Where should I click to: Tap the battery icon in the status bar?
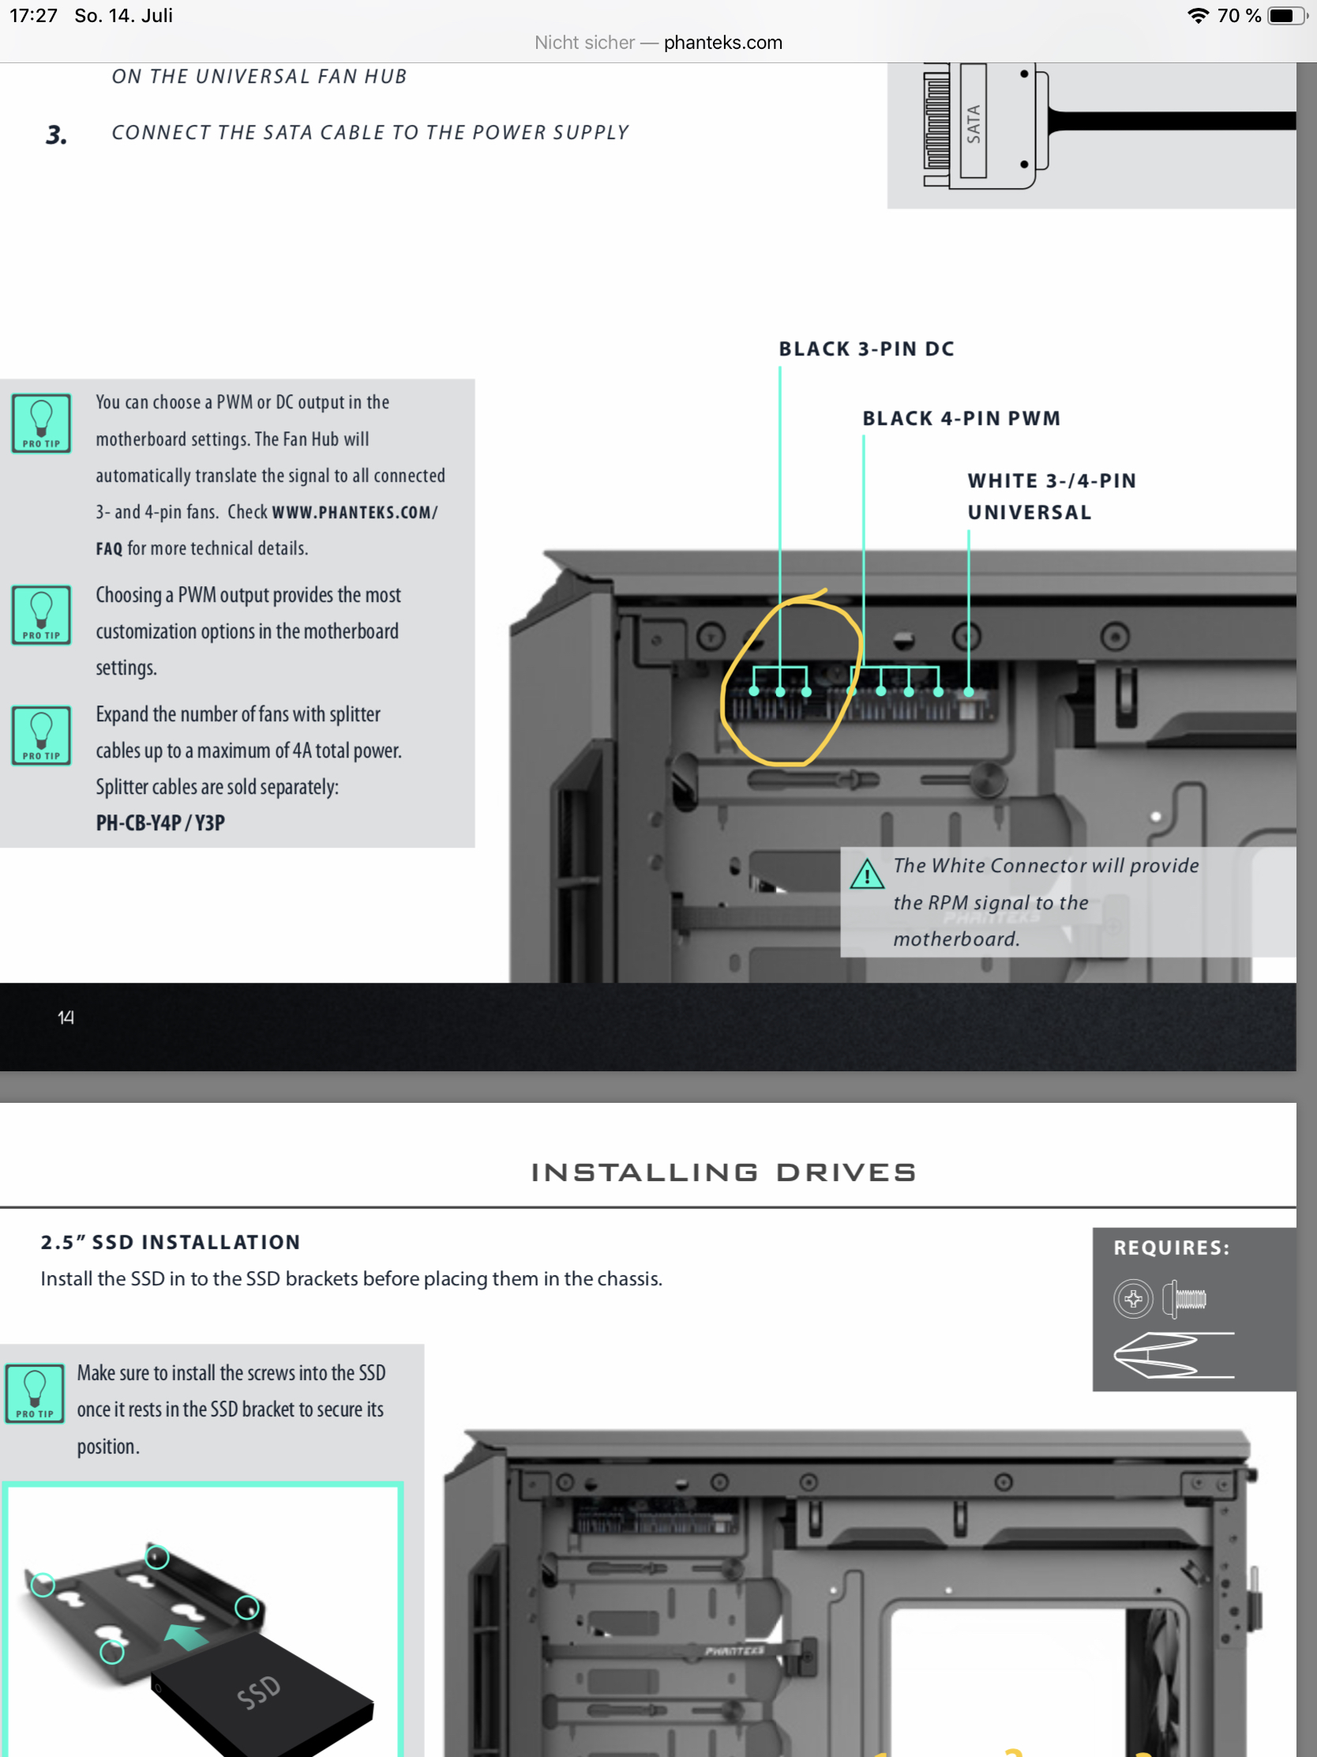point(1286,16)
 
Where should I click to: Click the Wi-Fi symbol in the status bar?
point(1198,16)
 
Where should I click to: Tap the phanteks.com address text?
point(722,43)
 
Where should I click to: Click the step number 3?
point(56,135)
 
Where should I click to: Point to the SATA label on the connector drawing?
point(974,124)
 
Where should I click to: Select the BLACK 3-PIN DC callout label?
point(866,349)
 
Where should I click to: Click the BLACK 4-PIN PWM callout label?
point(962,419)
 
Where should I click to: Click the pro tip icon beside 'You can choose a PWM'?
point(41,423)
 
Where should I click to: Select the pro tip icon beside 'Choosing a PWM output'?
point(41,615)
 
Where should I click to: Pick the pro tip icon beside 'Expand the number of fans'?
point(41,736)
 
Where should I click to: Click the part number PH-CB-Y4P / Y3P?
point(160,823)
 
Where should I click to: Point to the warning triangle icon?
point(867,875)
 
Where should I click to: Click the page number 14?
point(66,1018)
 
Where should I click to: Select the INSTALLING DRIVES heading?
point(723,1172)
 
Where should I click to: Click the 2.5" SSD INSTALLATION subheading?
point(171,1242)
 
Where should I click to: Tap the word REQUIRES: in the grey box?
point(1171,1248)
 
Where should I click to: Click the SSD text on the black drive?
point(259,1691)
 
